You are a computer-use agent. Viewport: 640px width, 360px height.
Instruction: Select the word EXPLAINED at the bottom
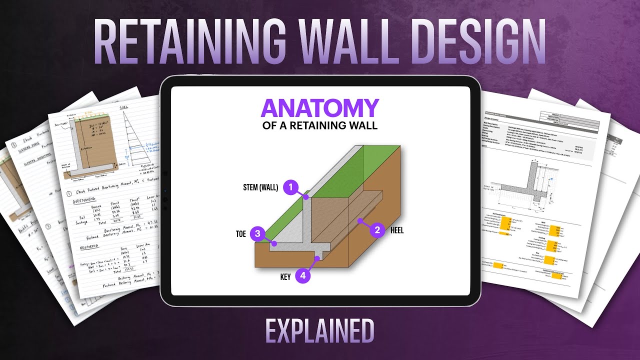[x=320, y=331]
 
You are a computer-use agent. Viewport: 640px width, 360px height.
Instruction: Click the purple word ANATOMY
[x=320, y=108]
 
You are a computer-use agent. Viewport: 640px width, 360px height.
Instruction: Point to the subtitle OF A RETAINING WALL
[x=320, y=125]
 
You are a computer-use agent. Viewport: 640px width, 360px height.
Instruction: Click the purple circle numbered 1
[x=290, y=187]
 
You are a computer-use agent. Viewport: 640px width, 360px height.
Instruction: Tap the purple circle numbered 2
[x=377, y=230]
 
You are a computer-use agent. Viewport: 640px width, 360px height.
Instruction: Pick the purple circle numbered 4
[x=302, y=275]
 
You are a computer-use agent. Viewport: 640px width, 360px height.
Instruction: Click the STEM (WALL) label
[x=260, y=188]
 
